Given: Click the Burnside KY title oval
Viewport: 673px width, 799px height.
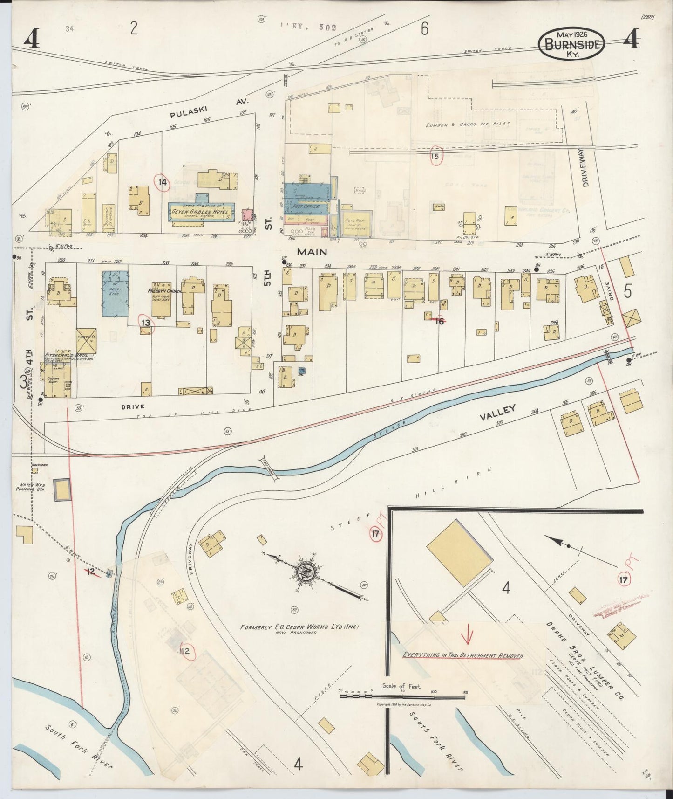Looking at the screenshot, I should click(571, 44).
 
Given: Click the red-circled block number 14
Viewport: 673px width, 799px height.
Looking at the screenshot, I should click(162, 182).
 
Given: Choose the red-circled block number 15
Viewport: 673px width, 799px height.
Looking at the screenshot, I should click(435, 156).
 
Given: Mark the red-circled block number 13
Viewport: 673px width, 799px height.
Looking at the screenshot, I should click(146, 322).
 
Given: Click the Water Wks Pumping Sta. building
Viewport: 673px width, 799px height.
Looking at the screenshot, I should click(62, 489).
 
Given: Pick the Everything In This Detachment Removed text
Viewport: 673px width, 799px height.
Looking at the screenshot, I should click(462, 655).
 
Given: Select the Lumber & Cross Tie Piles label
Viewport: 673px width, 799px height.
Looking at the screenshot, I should click(468, 124).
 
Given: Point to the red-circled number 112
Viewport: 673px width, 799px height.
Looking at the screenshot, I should click(185, 651).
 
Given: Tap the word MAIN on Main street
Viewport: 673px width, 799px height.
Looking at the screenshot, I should click(312, 252).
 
